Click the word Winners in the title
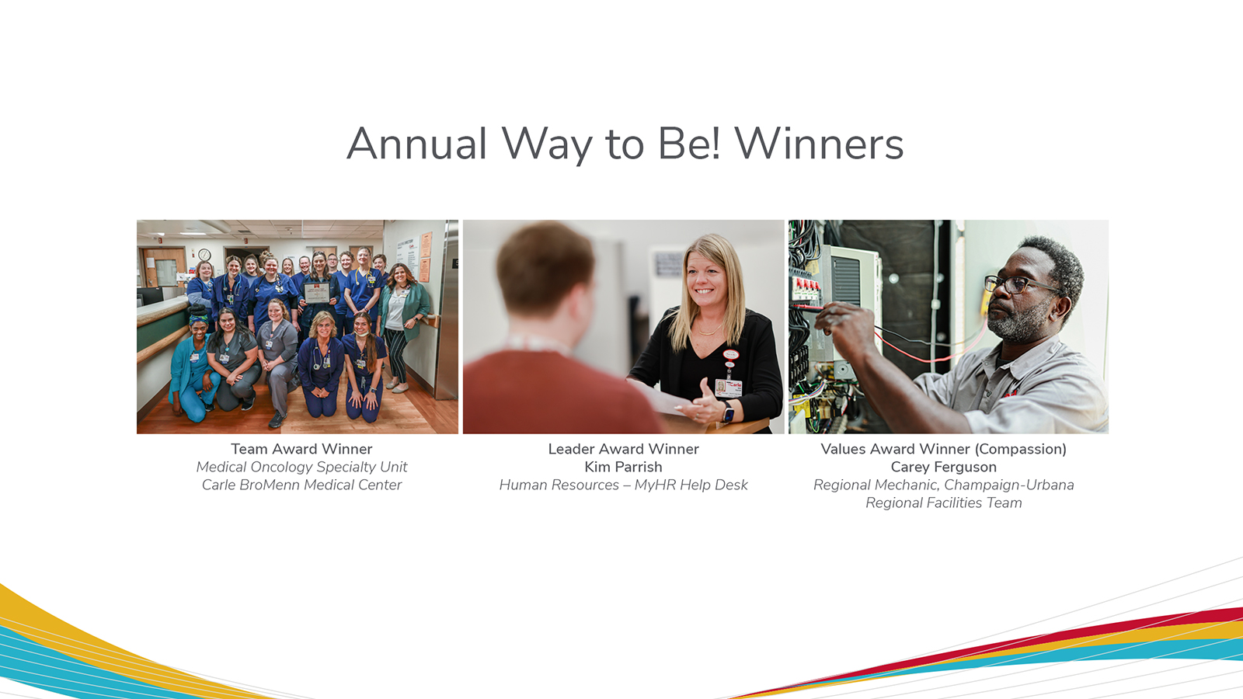pos(819,144)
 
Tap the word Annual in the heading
pos(416,144)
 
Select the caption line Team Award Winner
pos(301,449)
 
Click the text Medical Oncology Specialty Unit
pos(301,467)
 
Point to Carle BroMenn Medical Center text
pos(301,485)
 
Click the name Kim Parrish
pos(623,467)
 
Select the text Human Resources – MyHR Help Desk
pos(623,485)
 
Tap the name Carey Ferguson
pos(943,467)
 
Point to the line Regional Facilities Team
pos(943,503)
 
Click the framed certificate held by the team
pos(316,293)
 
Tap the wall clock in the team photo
pos(204,255)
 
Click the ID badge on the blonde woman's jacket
pos(728,386)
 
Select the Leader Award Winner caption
pos(623,449)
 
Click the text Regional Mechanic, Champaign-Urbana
pos(943,485)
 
